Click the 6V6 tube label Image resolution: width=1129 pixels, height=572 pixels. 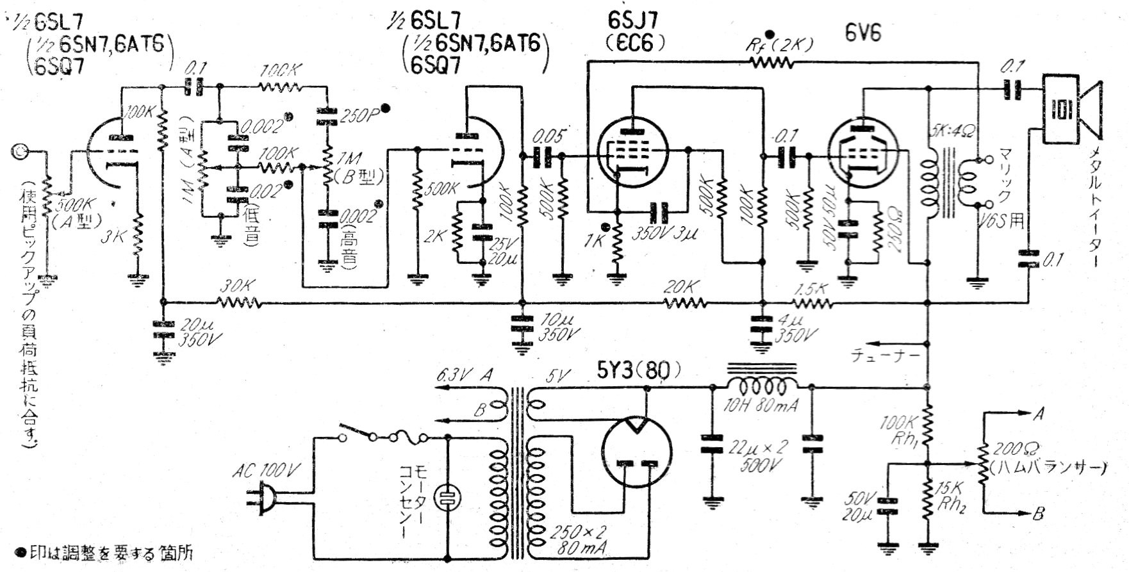(x=863, y=33)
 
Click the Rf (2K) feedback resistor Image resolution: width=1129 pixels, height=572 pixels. (x=772, y=62)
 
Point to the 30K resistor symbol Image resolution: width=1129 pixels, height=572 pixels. (x=238, y=302)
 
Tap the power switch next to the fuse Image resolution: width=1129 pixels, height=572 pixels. (x=359, y=434)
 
